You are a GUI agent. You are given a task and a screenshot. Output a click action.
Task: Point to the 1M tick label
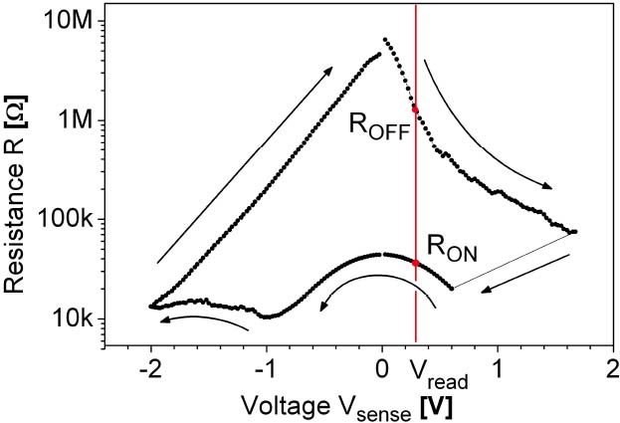pos(75,120)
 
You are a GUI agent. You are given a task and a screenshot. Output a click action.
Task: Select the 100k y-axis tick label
pos(67,219)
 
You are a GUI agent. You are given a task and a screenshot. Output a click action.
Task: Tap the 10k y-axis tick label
pos(73,318)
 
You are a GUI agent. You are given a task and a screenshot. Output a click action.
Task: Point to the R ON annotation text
pos(452,247)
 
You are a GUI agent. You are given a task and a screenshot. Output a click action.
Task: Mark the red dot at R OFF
pos(415,109)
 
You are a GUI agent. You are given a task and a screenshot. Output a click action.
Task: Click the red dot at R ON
pos(415,263)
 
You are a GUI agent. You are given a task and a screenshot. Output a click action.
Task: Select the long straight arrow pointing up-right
pos(245,164)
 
